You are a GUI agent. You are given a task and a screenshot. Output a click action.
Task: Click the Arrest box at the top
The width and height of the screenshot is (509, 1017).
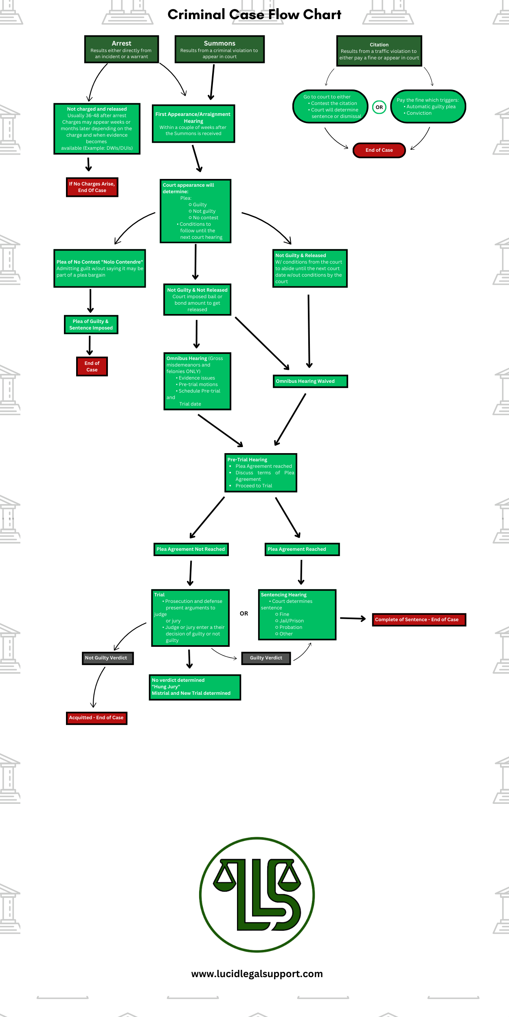121,49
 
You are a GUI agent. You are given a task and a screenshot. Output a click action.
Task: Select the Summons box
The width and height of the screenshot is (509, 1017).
219,49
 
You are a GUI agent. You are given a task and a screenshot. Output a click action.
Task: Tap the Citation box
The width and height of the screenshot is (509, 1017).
379,51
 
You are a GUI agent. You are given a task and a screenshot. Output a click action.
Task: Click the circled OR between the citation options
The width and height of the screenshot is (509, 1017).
379,107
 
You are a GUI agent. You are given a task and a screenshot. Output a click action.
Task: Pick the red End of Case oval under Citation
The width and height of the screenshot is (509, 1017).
379,150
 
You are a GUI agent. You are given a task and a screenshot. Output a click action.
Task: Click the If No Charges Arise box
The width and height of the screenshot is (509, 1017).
92,187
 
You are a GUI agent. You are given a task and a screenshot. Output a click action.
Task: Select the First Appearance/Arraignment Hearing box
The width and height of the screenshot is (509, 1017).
193,124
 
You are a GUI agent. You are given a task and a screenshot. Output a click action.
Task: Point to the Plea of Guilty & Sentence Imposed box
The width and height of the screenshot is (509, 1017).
91,325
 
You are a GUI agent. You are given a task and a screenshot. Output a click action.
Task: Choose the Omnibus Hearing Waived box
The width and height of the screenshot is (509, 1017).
310,381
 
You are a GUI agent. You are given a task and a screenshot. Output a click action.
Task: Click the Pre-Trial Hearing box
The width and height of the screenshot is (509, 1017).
261,473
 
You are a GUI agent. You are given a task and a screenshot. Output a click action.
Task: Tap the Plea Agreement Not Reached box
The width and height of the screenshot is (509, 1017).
191,549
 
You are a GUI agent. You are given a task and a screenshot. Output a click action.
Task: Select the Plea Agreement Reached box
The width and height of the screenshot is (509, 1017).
302,549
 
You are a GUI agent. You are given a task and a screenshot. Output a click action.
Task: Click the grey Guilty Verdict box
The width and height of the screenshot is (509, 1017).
266,658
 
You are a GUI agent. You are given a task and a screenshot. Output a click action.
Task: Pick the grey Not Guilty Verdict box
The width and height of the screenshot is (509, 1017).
108,658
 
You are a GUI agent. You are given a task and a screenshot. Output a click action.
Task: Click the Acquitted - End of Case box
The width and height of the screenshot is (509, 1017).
97,718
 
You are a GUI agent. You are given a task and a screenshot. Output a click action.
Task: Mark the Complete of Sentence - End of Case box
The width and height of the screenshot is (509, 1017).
419,620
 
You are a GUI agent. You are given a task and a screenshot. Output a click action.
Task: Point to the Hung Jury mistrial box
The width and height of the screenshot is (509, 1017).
195,687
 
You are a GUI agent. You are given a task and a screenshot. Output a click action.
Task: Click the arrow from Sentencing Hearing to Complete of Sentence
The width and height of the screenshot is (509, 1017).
353,619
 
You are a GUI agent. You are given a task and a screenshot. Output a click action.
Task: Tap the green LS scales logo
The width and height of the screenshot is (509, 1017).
257,895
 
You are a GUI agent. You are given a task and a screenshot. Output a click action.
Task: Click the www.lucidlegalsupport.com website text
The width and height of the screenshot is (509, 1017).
257,973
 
